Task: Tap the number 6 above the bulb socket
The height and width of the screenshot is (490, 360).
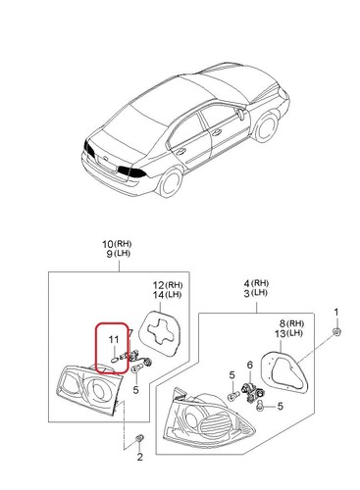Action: (249, 366)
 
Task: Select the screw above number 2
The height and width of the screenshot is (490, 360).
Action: (139, 435)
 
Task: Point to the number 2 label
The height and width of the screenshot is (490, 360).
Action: (139, 457)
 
